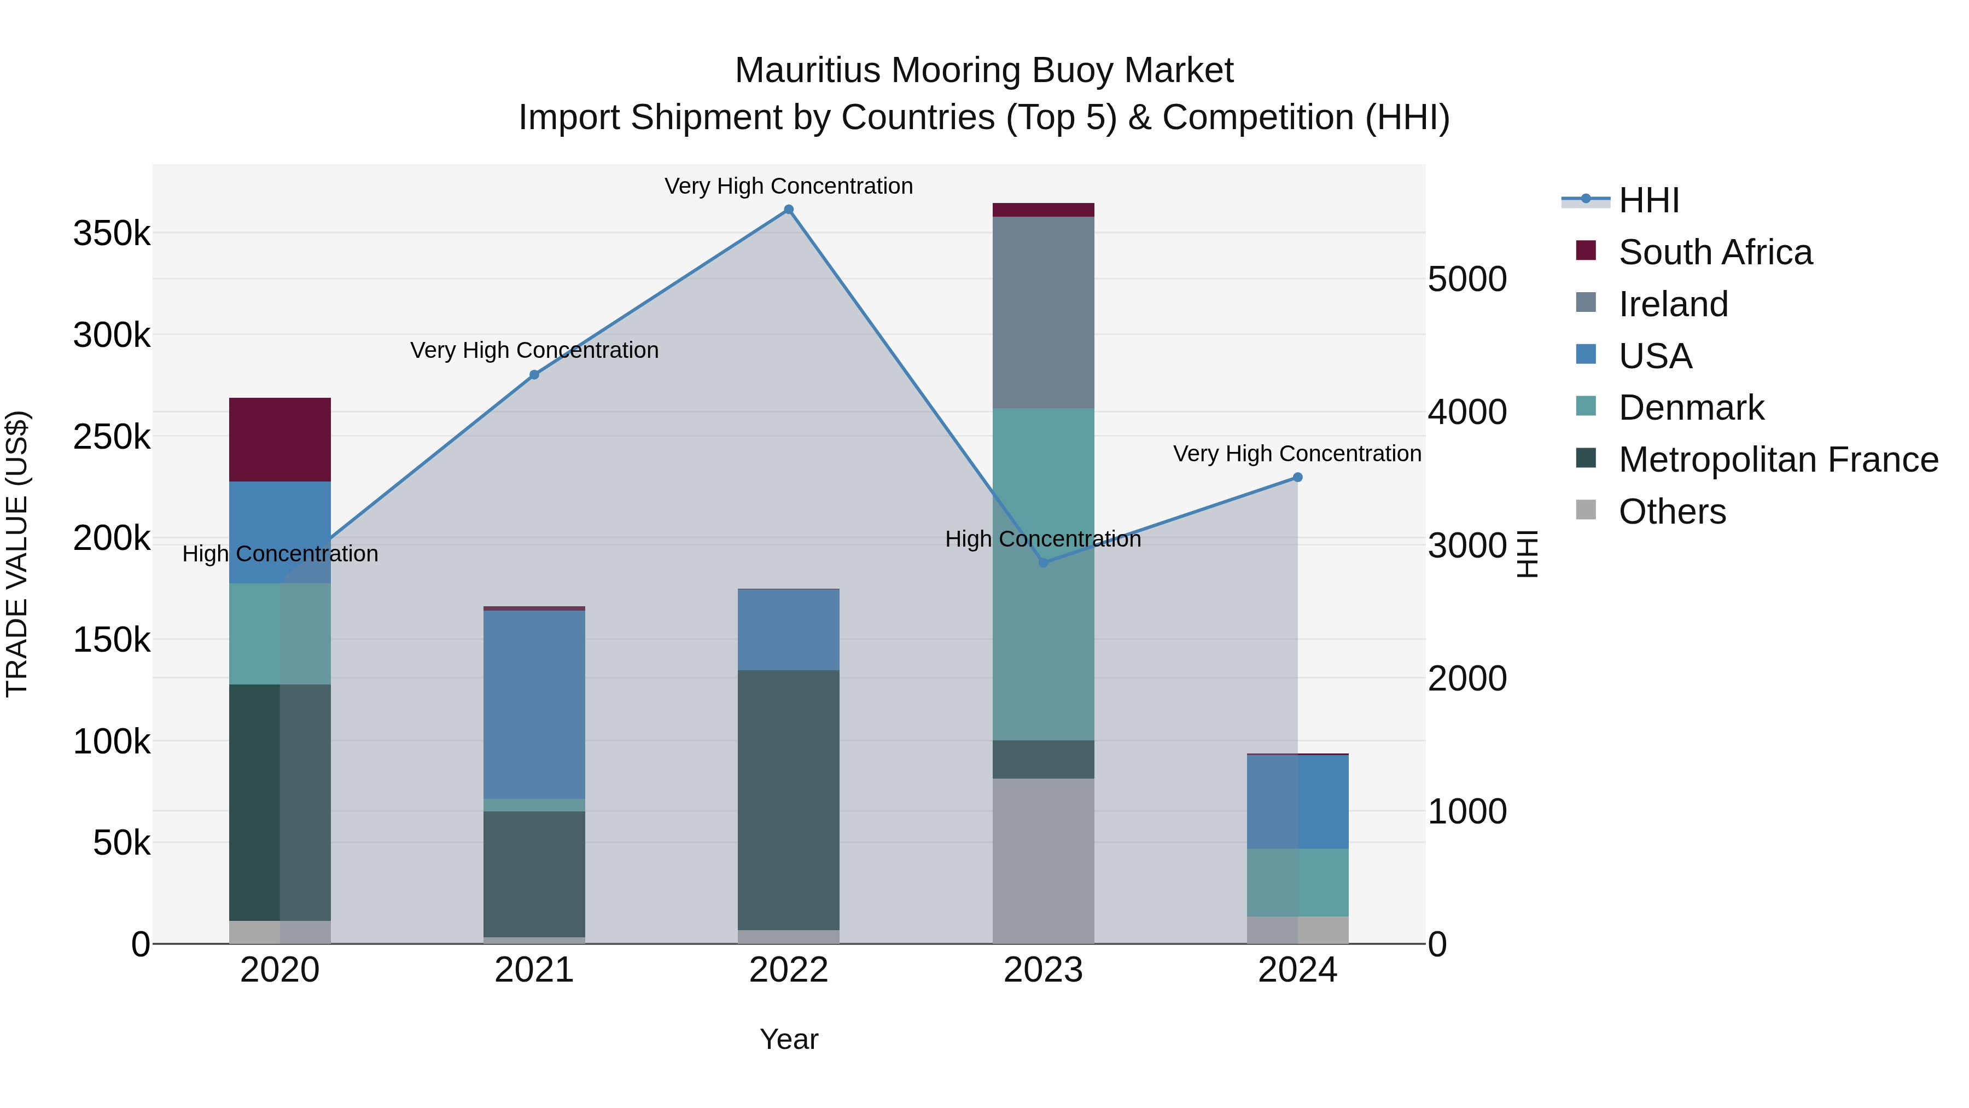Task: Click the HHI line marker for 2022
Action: [x=789, y=210]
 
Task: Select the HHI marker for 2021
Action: [x=534, y=375]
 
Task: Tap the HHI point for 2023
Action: [x=1044, y=563]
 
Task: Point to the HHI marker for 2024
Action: [x=1297, y=477]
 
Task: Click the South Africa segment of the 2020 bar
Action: [x=279, y=440]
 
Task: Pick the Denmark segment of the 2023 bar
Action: [x=1044, y=573]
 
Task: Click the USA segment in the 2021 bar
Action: [x=534, y=704]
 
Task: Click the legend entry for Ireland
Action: [x=1673, y=304]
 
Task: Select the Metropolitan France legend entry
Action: [x=1778, y=460]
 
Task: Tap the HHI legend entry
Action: [x=1648, y=200]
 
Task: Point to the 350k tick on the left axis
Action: [x=112, y=233]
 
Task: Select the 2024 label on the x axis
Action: [x=1297, y=970]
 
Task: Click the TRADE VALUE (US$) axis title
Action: [x=17, y=554]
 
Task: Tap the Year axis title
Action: [x=789, y=1039]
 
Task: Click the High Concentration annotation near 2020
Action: [x=279, y=554]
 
